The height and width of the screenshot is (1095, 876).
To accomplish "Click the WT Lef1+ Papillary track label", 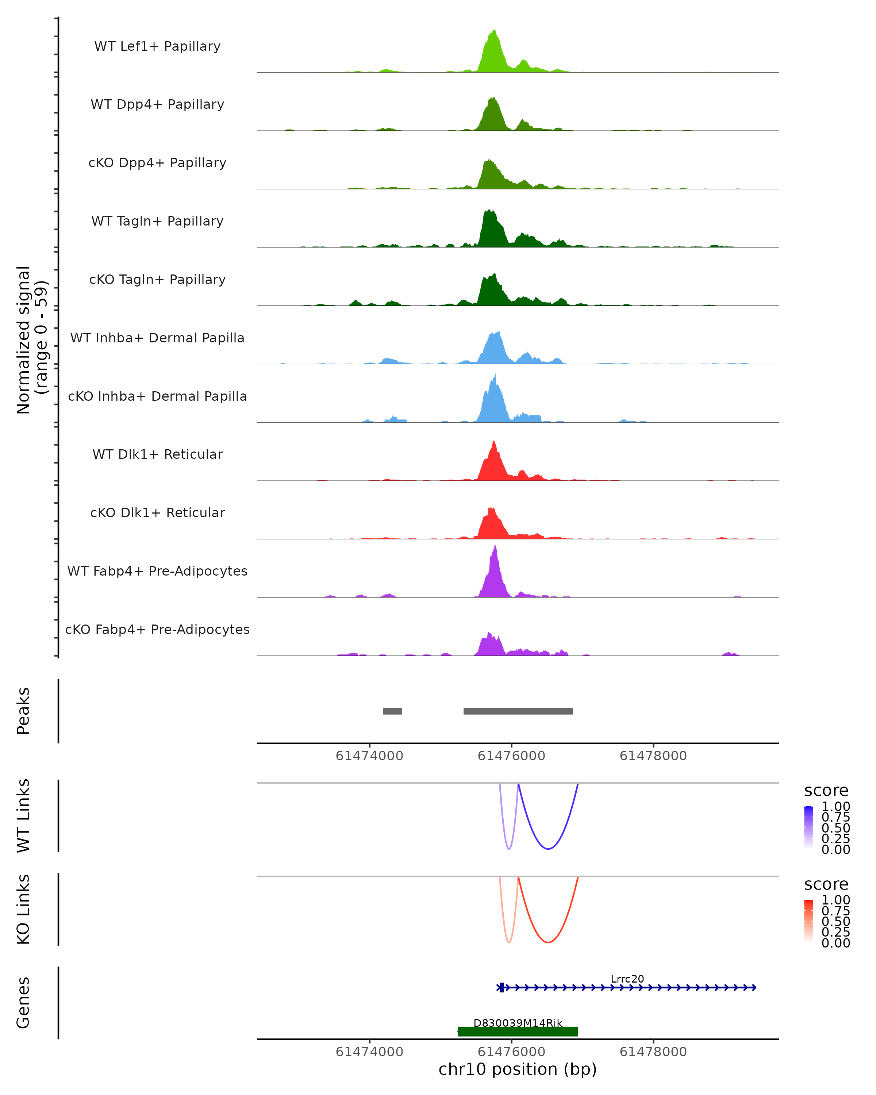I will pyautogui.click(x=157, y=46).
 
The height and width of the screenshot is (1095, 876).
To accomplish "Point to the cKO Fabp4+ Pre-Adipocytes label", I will pyautogui.click(x=157, y=629).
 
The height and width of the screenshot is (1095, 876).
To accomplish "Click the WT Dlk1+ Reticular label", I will pyautogui.click(x=157, y=454).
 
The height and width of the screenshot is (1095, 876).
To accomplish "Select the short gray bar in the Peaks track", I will pyautogui.click(x=392, y=711).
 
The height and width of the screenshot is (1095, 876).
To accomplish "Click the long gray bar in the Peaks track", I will pyautogui.click(x=518, y=711).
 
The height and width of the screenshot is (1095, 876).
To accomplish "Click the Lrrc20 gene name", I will pyautogui.click(x=627, y=979).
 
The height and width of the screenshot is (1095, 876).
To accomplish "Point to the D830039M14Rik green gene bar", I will pyautogui.click(x=518, y=1031).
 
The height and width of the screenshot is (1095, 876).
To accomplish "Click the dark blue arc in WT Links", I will pyautogui.click(x=548, y=848).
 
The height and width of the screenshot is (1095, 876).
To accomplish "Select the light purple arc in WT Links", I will pyautogui.click(x=509, y=848).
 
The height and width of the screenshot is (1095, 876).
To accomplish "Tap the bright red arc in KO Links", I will pyautogui.click(x=548, y=942).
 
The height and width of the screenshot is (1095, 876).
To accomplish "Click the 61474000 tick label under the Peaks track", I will pyautogui.click(x=369, y=756).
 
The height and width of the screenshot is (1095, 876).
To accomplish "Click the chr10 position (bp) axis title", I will pyautogui.click(x=518, y=1069).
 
